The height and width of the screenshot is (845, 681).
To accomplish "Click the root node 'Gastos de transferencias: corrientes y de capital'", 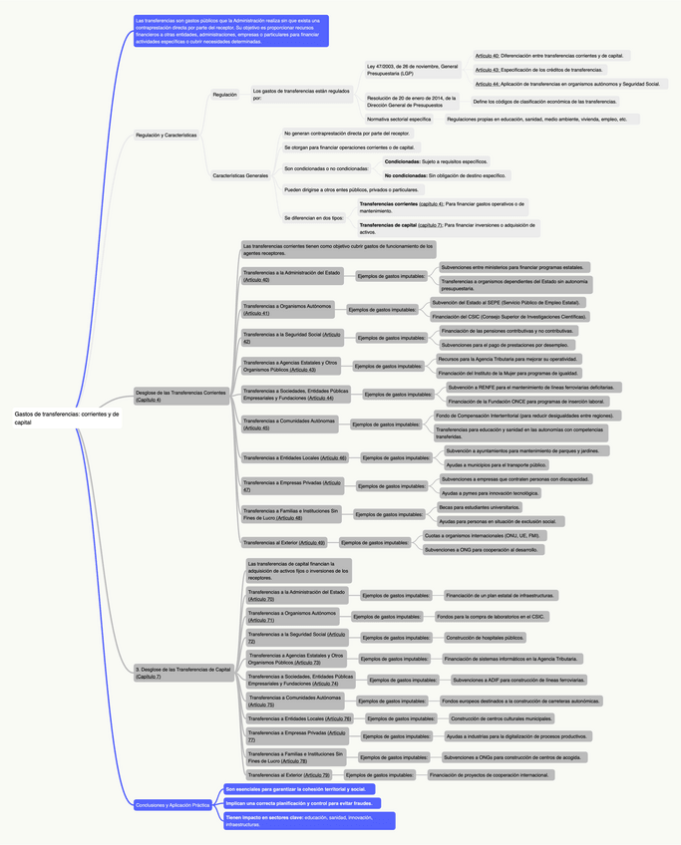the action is point(67,418).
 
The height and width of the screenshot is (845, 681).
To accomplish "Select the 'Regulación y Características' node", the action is point(166,135).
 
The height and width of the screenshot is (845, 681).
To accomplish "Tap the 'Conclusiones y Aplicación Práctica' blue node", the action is point(172,805).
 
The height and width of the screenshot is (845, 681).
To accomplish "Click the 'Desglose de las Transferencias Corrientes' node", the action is point(180,395).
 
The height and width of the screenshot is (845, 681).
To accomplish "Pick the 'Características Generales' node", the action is point(240,175).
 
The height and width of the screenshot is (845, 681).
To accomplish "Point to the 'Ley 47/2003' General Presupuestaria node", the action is point(413,70).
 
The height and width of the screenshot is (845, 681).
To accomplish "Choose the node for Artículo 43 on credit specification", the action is point(538,70).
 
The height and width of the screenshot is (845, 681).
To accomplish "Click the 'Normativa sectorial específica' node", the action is point(399,119).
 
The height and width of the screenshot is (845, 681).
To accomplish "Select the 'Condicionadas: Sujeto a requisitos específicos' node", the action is point(436,160).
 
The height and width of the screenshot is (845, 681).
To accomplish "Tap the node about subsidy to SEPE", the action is point(506,302).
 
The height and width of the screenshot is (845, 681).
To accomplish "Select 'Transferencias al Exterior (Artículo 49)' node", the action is point(284,543).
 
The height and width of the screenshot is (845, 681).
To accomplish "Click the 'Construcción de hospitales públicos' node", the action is point(485,638).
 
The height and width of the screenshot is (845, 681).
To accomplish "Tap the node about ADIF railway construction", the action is point(518,681).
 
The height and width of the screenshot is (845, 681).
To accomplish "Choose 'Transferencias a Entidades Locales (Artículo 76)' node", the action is point(299,718).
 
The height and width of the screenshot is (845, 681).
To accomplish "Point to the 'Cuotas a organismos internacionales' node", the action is point(482,535).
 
